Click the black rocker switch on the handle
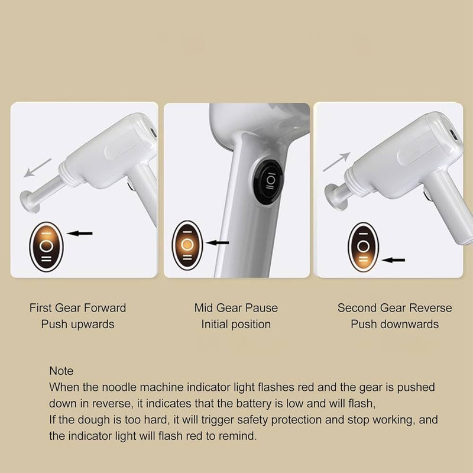268,183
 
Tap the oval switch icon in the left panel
47,247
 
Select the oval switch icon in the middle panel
187,245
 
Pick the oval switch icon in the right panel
364,247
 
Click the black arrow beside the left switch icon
79,233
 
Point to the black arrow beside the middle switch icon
218,242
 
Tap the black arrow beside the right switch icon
393,260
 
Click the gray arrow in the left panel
37,168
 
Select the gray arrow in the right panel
336,162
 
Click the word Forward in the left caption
105,308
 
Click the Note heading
61,371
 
